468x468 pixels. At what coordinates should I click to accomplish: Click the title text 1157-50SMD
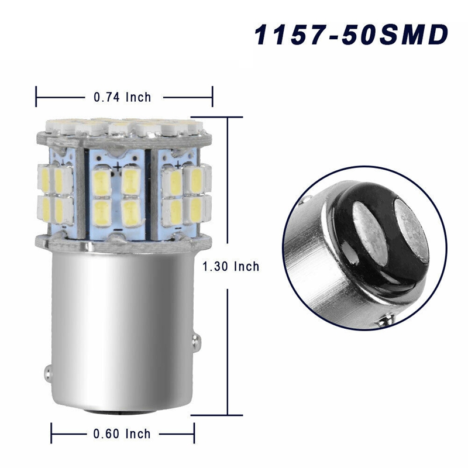(350, 36)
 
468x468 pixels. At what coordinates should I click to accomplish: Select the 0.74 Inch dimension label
(122, 97)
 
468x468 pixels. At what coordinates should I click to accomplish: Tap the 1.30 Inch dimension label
(230, 266)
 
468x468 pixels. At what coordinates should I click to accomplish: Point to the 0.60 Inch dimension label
(122, 433)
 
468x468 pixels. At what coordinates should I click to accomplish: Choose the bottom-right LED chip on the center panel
(132, 214)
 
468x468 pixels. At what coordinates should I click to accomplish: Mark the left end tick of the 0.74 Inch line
(37, 97)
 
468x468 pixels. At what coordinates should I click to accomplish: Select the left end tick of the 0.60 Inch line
(51, 434)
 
